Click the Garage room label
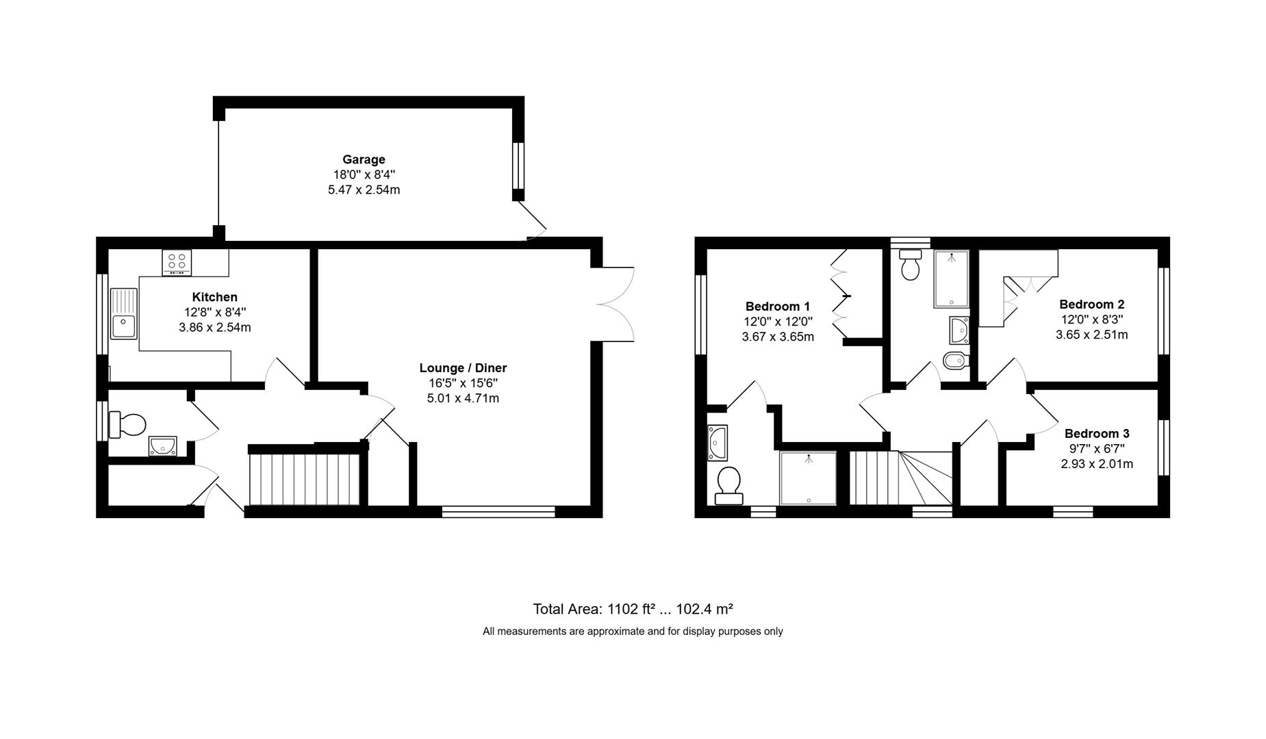pyautogui.click(x=364, y=159)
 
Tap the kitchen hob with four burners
pyautogui.click(x=177, y=262)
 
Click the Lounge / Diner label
pyautogui.click(x=463, y=368)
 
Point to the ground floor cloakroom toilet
pyautogui.click(x=128, y=424)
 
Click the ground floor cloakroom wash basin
pyautogui.click(x=163, y=446)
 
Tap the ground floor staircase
pyautogui.click(x=304, y=478)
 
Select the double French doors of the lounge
pyautogui.click(x=616, y=304)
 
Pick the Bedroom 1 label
pyautogui.click(x=778, y=307)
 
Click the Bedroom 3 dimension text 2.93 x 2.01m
pyautogui.click(x=1096, y=464)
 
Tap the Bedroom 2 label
pyautogui.click(x=1091, y=304)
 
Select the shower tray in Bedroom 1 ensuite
pyautogui.click(x=809, y=478)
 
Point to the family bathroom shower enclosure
pyautogui.click(x=952, y=278)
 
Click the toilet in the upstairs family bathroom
pyautogui.click(x=911, y=265)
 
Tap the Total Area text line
pyautogui.click(x=633, y=609)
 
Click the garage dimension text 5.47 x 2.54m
pyautogui.click(x=364, y=190)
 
